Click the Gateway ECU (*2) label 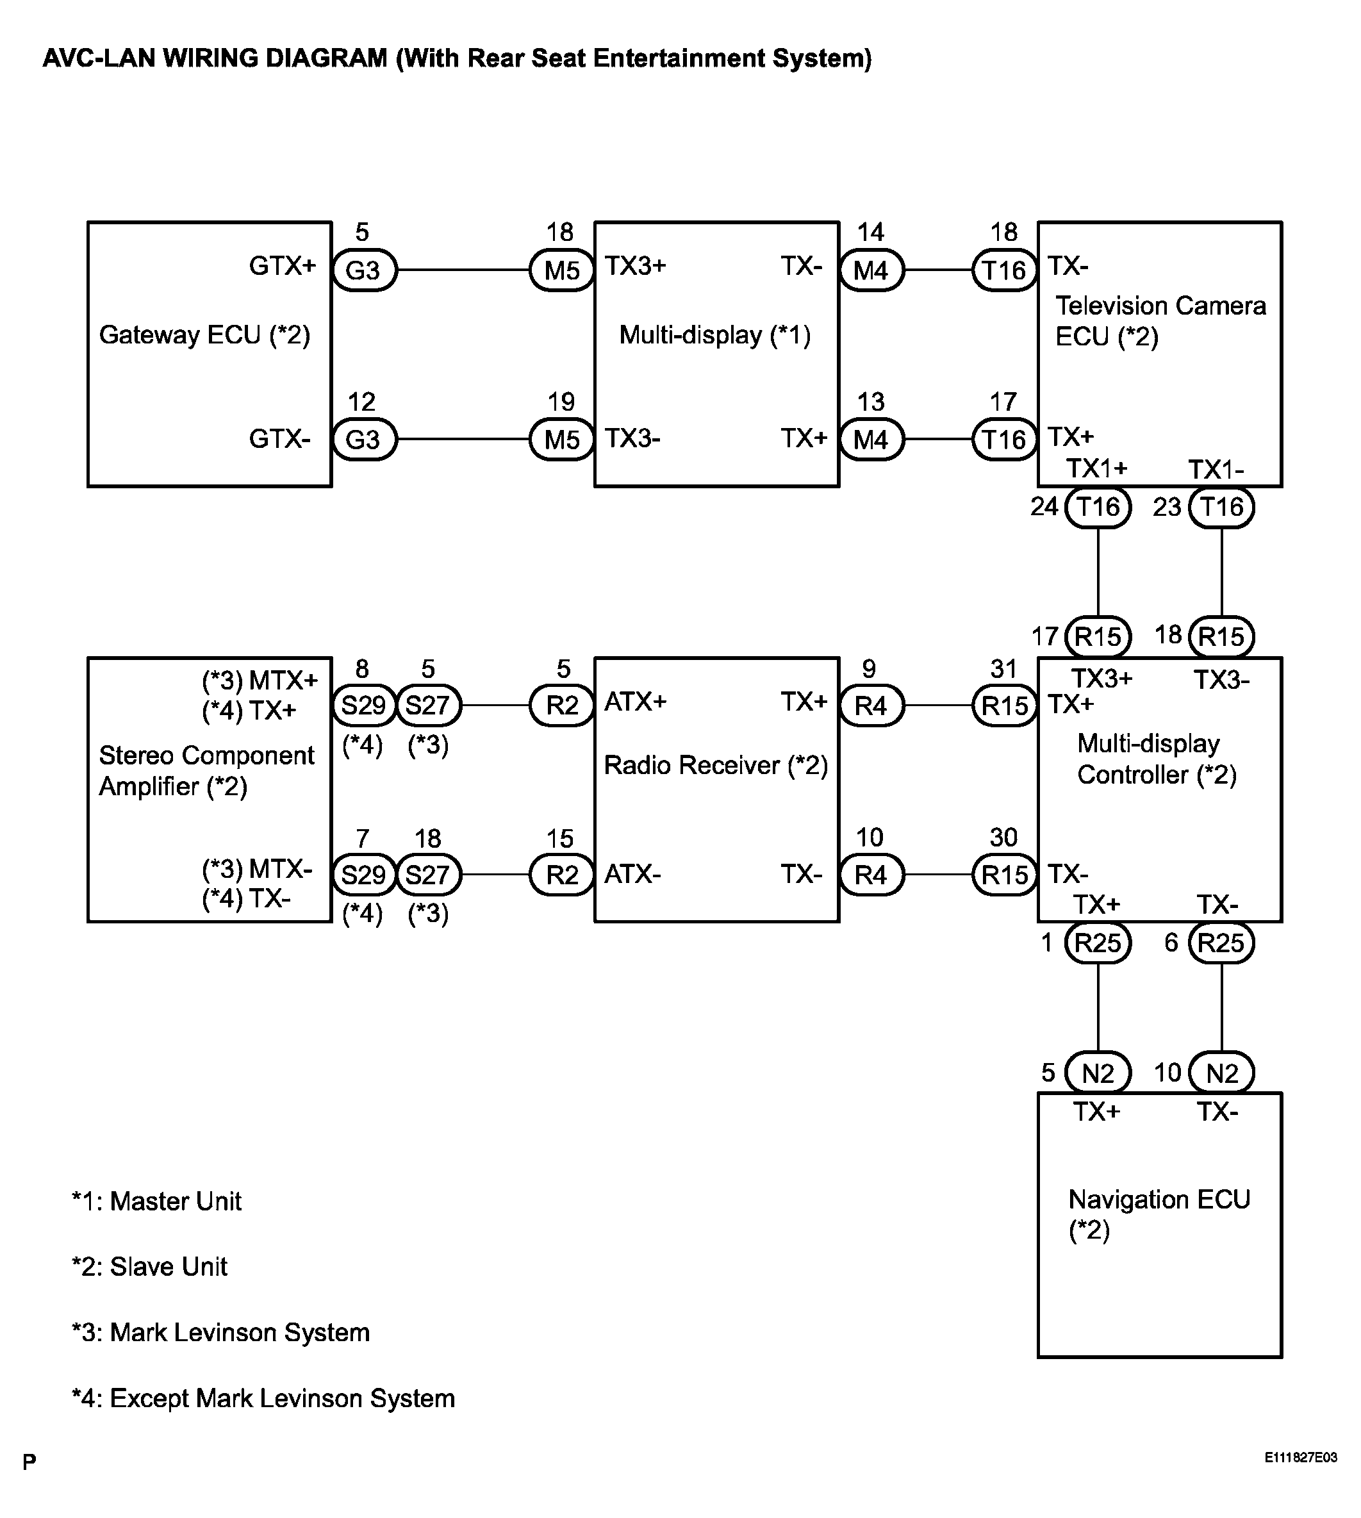204,334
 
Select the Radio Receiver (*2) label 716,765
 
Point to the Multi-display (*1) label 715,334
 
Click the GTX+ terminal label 283,265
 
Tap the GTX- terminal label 279,438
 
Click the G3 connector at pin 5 363,270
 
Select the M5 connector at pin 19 561,440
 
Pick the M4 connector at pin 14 871,270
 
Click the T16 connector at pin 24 1098,507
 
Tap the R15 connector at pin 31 1004,705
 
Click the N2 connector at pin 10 1221,1073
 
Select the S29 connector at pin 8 363,705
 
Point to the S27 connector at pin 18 428,875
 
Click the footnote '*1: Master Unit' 156,1201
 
